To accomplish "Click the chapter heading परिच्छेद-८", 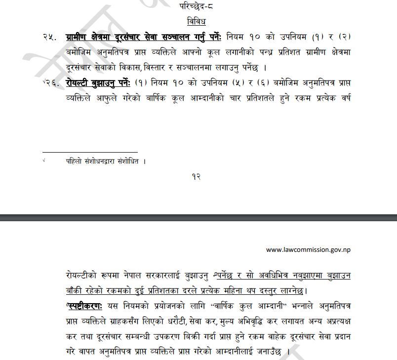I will coord(196,6).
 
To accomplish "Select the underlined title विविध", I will coord(196,21).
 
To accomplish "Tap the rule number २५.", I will coord(50,37).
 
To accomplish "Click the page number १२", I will coord(196,177).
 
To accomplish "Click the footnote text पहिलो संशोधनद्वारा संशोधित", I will coord(106,161).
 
